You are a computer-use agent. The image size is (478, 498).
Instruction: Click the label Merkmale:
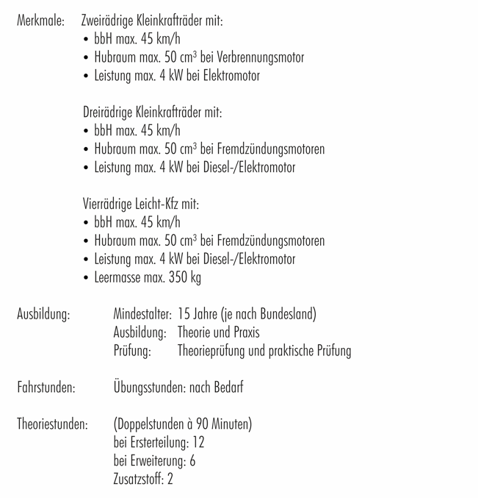[40, 21]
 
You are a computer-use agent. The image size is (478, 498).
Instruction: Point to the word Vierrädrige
[106, 204]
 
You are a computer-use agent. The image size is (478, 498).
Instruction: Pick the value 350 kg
[186, 277]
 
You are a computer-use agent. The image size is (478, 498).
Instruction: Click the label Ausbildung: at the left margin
[43, 315]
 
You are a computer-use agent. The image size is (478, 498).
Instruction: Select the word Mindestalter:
[142, 315]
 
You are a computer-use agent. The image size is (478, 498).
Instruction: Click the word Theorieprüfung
[212, 351]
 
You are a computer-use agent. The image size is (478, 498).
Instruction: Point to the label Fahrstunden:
[46, 388]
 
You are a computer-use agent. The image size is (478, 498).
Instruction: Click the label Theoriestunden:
[52, 424]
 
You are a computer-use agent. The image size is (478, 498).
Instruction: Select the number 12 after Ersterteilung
[198, 443]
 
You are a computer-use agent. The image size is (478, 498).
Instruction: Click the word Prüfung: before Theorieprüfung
[132, 351]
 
